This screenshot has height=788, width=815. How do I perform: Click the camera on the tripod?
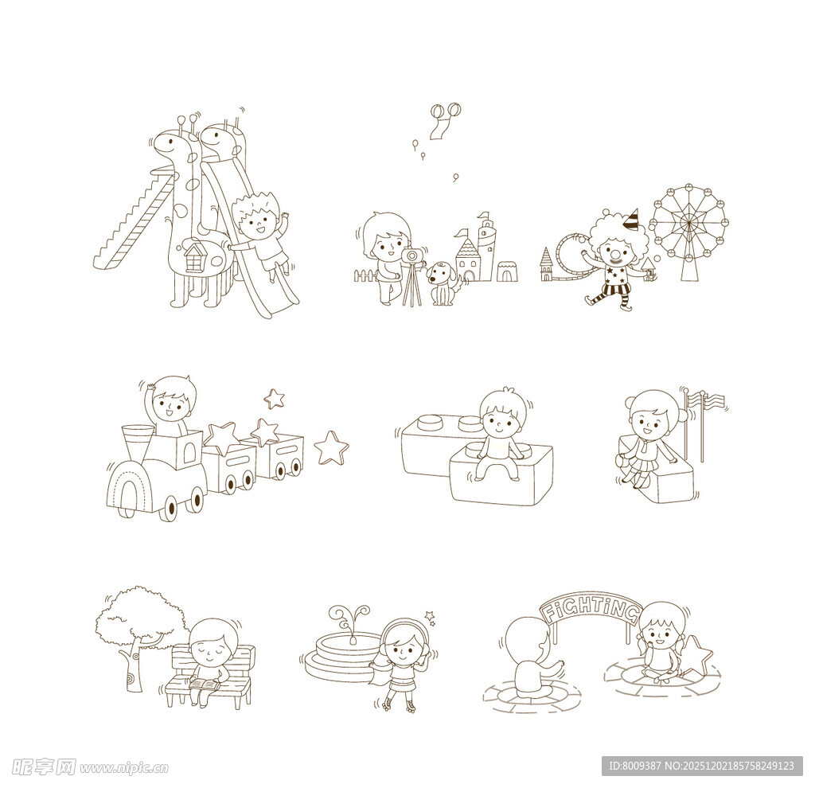pos(411,256)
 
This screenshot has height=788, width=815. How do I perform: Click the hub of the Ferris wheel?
pos(688,224)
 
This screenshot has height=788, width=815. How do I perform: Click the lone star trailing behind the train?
pos(331,447)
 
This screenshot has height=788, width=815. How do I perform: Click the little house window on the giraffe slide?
pos(193,257)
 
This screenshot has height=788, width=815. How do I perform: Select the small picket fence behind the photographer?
pos(367,275)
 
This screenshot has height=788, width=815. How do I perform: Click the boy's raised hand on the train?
pos(150,387)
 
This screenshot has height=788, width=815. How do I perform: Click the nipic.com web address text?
pos(124,767)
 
